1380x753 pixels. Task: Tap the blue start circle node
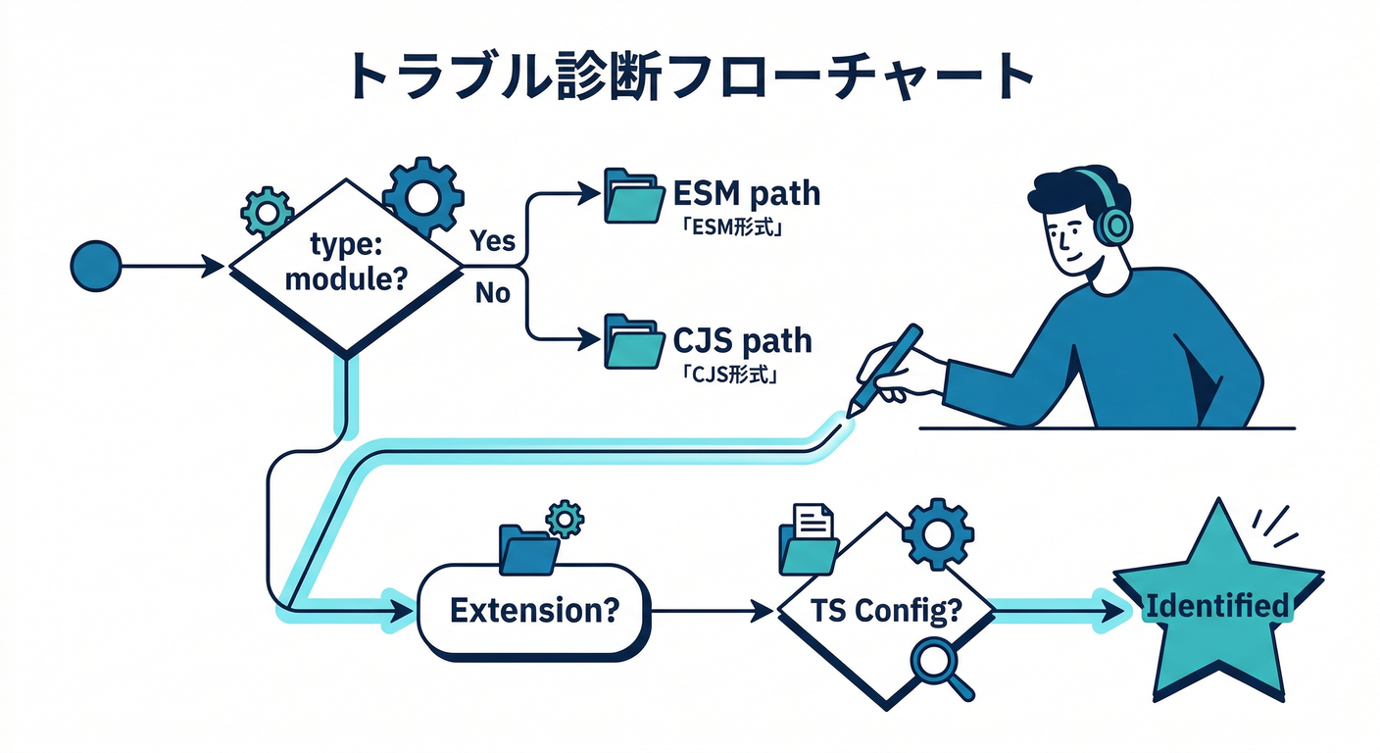(96, 265)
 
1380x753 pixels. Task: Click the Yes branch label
(492, 240)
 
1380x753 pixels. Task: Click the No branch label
(492, 292)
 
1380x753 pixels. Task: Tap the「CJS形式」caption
(720, 375)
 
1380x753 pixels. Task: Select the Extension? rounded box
(534, 610)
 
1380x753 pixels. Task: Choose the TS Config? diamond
(885, 610)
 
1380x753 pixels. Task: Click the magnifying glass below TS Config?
(939, 667)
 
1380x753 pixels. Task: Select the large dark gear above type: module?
(422, 196)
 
